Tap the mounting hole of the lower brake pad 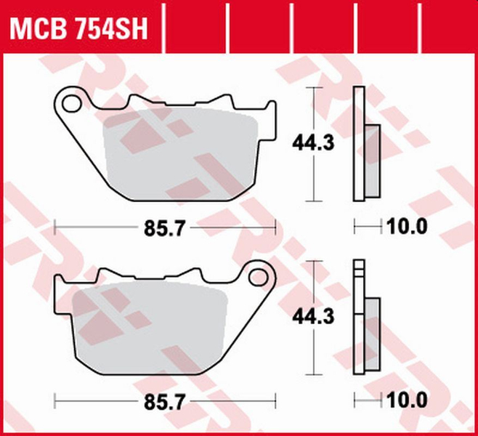[x=259, y=277]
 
